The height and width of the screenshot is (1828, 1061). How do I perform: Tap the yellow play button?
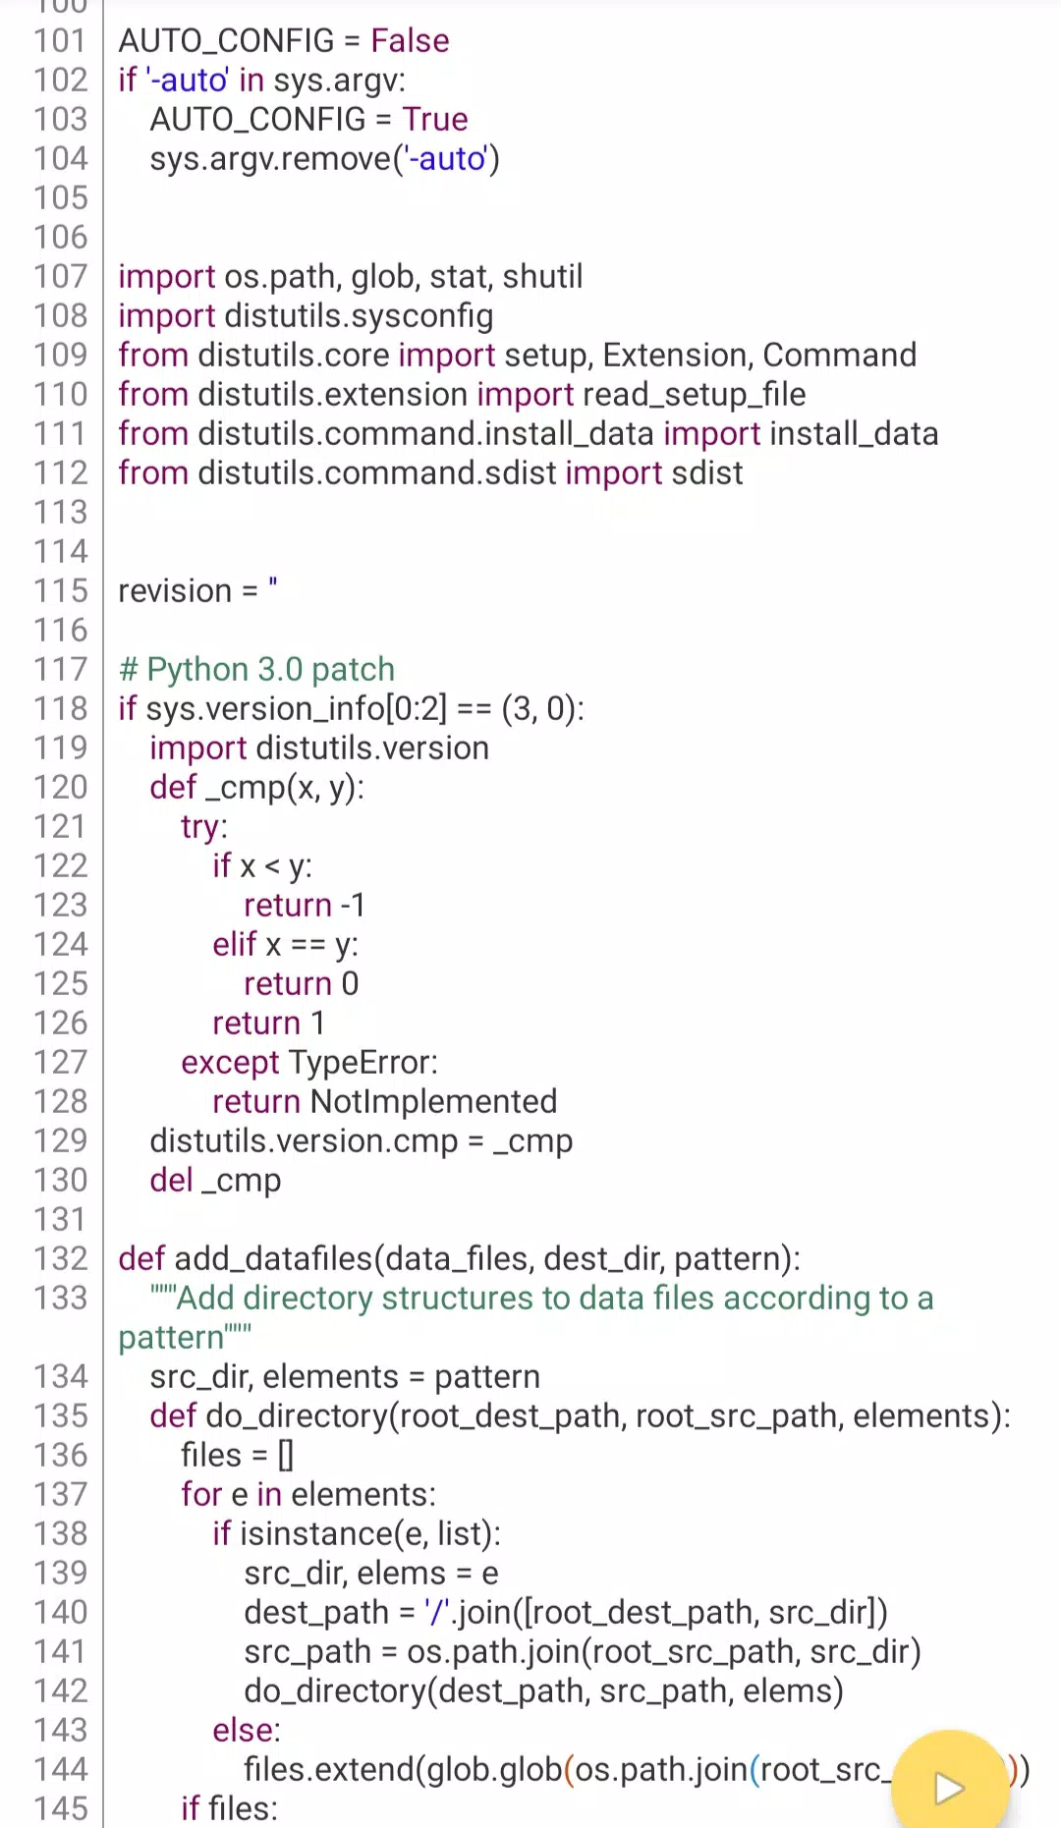(949, 1787)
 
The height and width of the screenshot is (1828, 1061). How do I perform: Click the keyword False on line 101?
(410, 40)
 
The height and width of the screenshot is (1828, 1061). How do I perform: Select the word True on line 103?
(434, 119)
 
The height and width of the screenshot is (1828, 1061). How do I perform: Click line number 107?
(61, 276)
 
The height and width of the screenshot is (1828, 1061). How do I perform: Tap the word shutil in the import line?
(542, 276)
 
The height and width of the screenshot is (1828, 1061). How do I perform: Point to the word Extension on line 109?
(678, 355)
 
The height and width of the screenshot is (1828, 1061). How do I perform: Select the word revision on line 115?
(175, 590)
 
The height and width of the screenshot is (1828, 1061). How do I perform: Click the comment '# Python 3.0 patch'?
(256, 669)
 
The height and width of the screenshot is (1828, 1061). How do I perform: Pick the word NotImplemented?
(433, 1101)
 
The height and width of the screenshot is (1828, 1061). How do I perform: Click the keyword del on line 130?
(171, 1180)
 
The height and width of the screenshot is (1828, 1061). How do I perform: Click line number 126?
(61, 1023)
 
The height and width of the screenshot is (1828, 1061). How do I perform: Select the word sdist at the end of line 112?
(706, 472)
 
